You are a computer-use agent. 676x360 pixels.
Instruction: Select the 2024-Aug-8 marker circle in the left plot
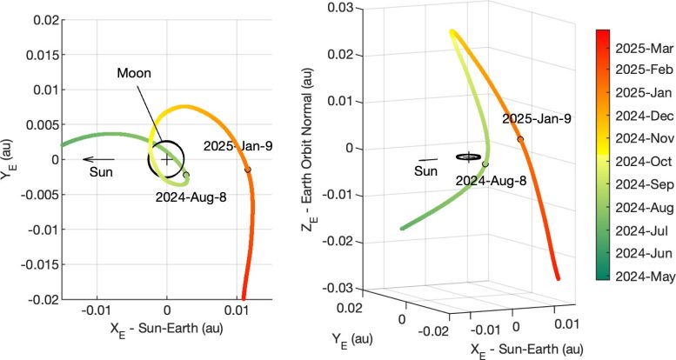pos(186,175)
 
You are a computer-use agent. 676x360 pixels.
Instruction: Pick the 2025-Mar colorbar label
pos(639,41)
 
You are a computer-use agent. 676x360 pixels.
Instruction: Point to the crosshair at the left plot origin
pos(167,159)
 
